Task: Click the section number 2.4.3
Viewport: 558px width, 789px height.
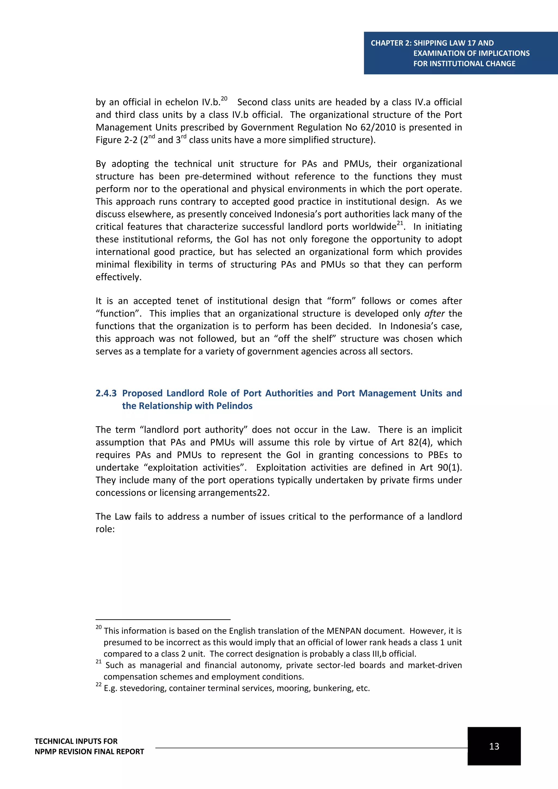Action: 106,393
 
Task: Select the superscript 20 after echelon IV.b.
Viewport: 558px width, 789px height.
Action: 224,99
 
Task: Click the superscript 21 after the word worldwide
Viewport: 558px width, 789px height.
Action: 400,223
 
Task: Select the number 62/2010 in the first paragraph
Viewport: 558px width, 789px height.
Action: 378,128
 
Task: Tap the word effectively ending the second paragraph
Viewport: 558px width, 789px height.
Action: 118,277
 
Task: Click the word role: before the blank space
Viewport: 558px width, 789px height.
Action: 105,529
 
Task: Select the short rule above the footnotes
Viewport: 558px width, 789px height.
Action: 163,620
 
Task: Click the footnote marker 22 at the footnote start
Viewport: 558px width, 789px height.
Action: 99,685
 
